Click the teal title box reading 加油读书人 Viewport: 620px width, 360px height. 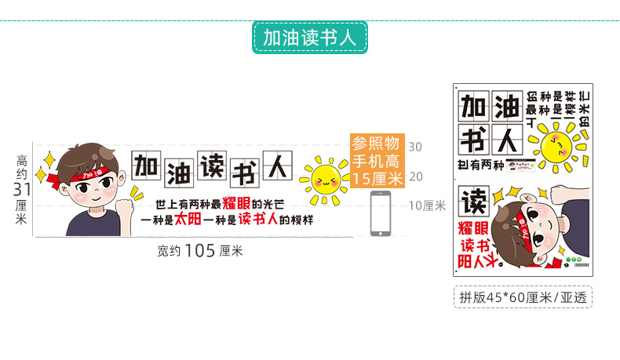(x=310, y=38)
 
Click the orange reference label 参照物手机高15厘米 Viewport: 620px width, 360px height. (x=377, y=161)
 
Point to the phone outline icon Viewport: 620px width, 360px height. (x=381, y=214)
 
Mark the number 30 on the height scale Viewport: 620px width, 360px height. (x=415, y=147)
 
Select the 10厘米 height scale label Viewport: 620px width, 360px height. (x=428, y=205)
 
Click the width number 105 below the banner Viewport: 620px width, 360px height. (x=200, y=251)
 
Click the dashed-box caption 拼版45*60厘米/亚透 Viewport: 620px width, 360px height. (x=523, y=296)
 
